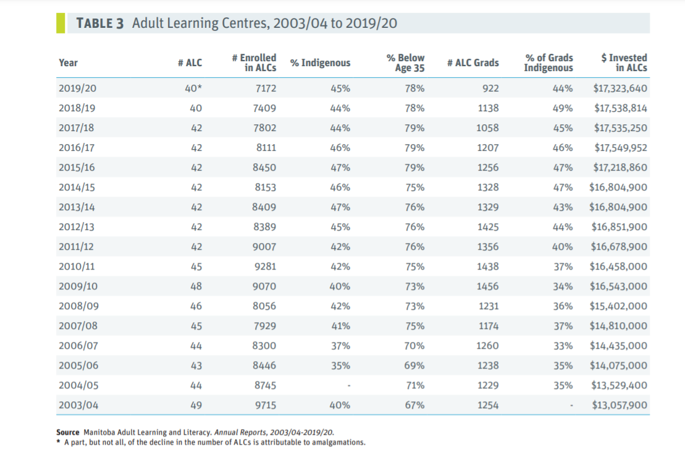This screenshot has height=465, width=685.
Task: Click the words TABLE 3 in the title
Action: click(x=99, y=23)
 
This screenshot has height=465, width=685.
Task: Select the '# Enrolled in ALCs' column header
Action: click(x=254, y=62)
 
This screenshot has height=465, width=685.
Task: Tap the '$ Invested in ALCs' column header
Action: click(x=624, y=62)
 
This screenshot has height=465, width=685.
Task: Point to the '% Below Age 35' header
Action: click(x=406, y=62)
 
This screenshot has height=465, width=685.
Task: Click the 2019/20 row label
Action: click(x=77, y=88)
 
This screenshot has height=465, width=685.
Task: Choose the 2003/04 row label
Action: click(x=77, y=405)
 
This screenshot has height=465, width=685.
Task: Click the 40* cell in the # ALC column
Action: click(x=193, y=88)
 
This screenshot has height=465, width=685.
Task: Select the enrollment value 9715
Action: click(x=265, y=405)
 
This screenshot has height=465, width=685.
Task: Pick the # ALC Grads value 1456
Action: click(x=488, y=286)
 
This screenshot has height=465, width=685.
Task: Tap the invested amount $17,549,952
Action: click(x=620, y=148)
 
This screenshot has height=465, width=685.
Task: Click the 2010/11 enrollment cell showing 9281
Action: click(x=265, y=267)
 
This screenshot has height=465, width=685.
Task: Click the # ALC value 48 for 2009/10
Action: click(x=196, y=286)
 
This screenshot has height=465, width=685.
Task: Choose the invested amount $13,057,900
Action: click(x=620, y=405)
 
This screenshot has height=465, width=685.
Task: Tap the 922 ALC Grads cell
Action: click(x=490, y=88)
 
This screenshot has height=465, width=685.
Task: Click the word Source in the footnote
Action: click(x=67, y=432)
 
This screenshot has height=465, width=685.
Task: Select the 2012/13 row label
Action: click(x=77, y=227)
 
